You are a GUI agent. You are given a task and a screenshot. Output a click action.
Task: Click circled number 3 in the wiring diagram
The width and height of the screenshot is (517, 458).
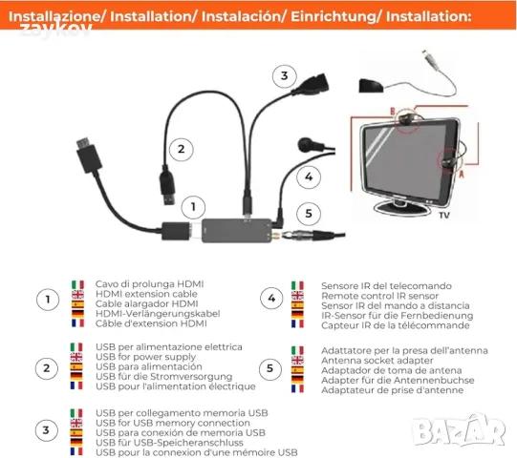point(283,76)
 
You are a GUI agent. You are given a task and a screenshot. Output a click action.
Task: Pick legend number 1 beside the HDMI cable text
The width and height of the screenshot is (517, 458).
point(45,301)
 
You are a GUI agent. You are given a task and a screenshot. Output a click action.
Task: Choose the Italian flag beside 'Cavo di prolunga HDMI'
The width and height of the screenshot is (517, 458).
point(77,284)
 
